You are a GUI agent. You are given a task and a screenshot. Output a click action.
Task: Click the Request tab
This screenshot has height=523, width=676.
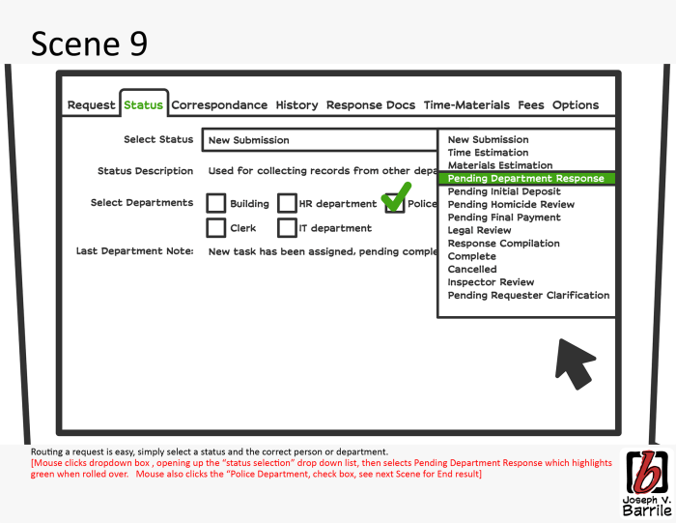point(91,105)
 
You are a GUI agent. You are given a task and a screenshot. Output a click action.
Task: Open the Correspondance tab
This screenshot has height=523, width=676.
point(219,105)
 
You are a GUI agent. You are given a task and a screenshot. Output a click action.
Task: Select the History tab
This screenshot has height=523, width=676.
point(296,105)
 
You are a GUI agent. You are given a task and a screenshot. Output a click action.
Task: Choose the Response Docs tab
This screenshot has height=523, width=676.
point(371,105)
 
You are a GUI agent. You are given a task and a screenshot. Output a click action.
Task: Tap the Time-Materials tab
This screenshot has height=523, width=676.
point(466,105)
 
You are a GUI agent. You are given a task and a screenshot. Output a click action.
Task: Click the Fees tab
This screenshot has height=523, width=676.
point(531,105)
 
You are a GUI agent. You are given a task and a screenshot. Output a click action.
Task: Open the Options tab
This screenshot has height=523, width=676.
point(576,105)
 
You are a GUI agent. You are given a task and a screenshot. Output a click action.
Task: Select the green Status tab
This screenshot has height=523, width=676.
point(143,105)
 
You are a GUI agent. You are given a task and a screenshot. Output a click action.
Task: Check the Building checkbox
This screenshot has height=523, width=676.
point(216,204)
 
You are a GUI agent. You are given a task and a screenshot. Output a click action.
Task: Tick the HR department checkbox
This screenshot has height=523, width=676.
point(287,204)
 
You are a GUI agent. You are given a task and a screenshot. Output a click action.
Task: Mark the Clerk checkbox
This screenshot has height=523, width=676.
point(216,229)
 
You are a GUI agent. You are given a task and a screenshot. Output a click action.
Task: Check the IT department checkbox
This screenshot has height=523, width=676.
point(287,229)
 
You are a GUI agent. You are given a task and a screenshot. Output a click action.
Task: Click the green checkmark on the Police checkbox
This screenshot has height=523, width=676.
point(396,198)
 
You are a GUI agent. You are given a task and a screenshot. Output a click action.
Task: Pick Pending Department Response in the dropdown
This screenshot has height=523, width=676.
point(525,179)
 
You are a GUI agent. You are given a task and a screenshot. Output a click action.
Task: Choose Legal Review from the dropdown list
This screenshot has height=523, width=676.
point(480,231)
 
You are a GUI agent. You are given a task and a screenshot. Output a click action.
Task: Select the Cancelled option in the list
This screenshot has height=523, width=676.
point(472,270)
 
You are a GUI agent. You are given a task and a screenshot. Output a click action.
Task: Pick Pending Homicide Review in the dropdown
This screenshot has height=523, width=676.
point(511,205)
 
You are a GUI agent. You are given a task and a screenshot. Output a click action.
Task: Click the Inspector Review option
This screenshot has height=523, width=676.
point(491,282)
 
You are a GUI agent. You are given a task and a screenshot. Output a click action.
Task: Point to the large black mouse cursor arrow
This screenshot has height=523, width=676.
point(575,362)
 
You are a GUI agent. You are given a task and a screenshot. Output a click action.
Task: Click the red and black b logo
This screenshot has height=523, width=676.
point(643,472)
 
